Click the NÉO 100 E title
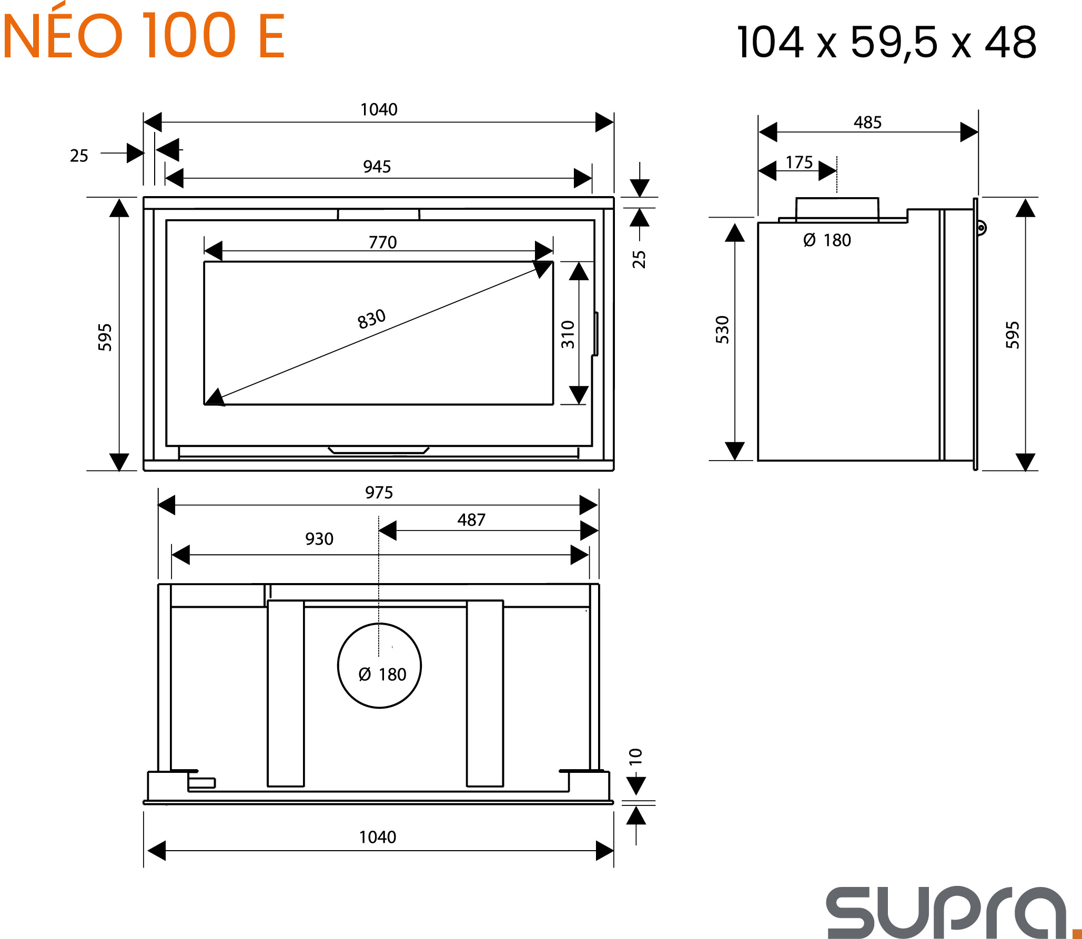(x=144, y=33)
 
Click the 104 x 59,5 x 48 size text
(x=887, y=42)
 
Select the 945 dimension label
(x=377, y=167)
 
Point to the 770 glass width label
(x=382, y=242)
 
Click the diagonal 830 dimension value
(x=372, y=319)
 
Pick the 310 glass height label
(x=568, y=334)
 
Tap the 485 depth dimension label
(x=867, y=123)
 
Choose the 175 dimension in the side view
(x=799, y=162)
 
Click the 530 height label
(x=723, y=330)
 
